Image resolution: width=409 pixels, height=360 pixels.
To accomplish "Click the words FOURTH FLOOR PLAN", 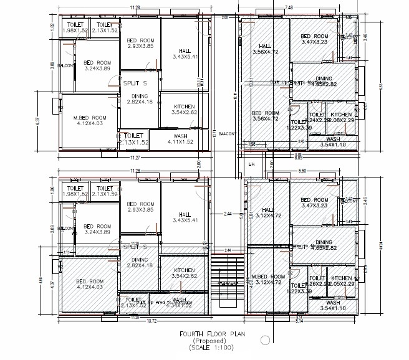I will coord(209,334).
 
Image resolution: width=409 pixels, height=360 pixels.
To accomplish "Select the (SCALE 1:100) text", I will coord(209,348).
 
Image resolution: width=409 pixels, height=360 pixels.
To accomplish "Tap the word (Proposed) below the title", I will coord(209,341).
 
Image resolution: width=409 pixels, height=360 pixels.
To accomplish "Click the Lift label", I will coord(252,164).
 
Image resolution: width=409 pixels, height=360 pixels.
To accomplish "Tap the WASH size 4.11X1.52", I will coord(181,142).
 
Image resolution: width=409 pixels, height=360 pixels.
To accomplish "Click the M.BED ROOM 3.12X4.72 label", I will coord(269,279).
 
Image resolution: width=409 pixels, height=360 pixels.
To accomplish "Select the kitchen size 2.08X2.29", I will coord(342,120).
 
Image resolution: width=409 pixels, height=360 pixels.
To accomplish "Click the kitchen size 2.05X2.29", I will coord(342,283).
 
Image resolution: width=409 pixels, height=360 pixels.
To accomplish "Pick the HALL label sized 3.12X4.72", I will coord(269,213).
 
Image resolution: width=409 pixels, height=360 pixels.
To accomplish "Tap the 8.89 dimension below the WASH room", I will coord(299,158).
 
